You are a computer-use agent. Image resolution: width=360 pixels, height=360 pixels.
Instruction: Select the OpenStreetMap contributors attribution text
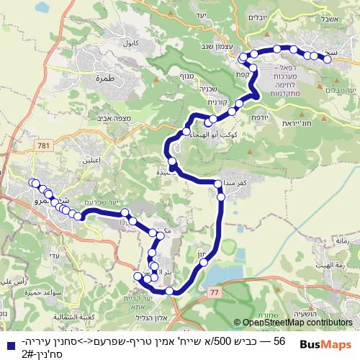pyautogui.click(x=292, y=323)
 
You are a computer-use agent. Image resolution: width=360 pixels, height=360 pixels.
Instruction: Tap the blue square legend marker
pyautogui.click(x=6, y=346)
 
